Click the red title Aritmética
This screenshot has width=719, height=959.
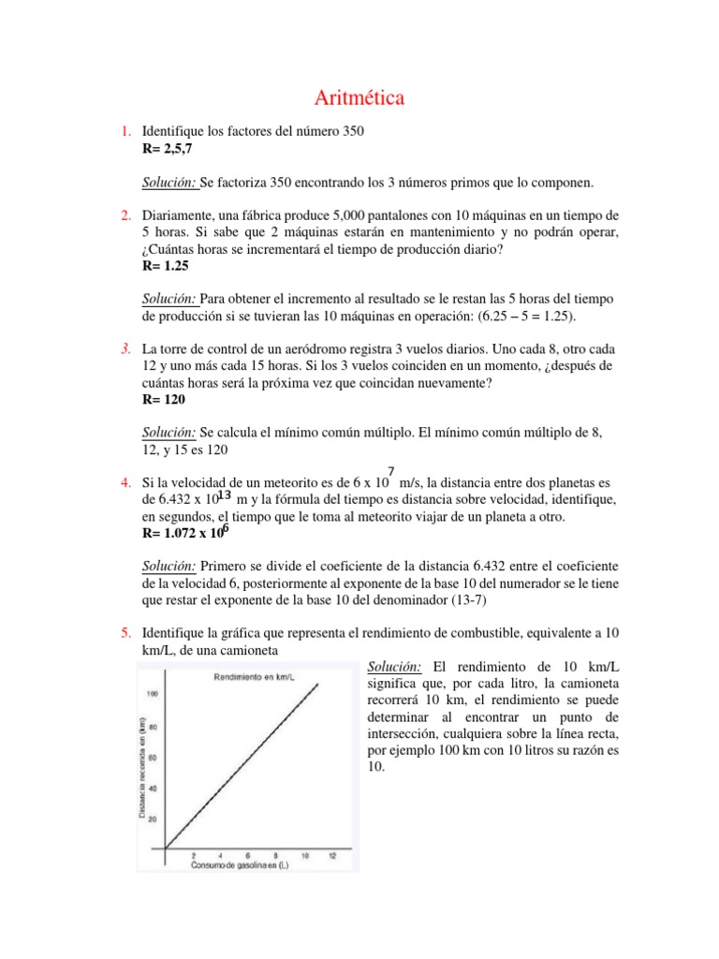[x=359, y=97]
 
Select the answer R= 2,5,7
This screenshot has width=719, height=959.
[x=168, y=148]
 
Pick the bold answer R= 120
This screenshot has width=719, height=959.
[x=164, y=399]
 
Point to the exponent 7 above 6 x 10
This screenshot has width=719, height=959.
[x=390, y=472]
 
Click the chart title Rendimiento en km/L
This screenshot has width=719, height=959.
[x=252, y=676]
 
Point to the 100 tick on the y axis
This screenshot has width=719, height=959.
[x=152, y=693]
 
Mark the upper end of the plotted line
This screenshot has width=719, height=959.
[x=319, y=684]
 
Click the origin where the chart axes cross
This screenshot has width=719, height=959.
[x=166, y=848]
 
